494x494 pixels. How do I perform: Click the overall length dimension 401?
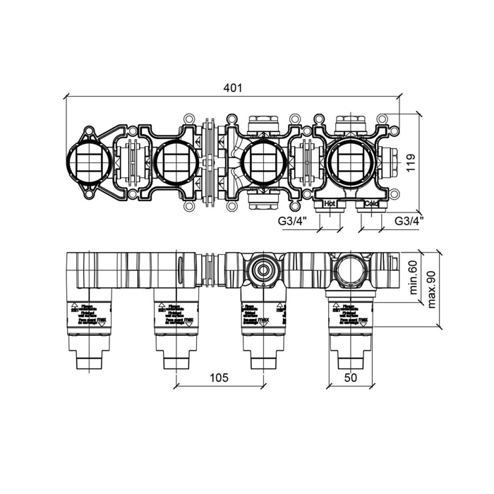click(x=233, y=88)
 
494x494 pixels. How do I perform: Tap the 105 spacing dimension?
click(x=219, y=378)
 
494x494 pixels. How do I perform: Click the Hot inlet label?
click(x=330, y=203)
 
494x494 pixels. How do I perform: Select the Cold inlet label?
click(x=371, y=203)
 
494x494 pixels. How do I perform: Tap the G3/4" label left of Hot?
click(x=291, y=221)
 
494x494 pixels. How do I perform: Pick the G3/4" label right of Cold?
click(x=409, y=221)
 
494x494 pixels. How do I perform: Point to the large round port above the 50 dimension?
click(x=349, y=268)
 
